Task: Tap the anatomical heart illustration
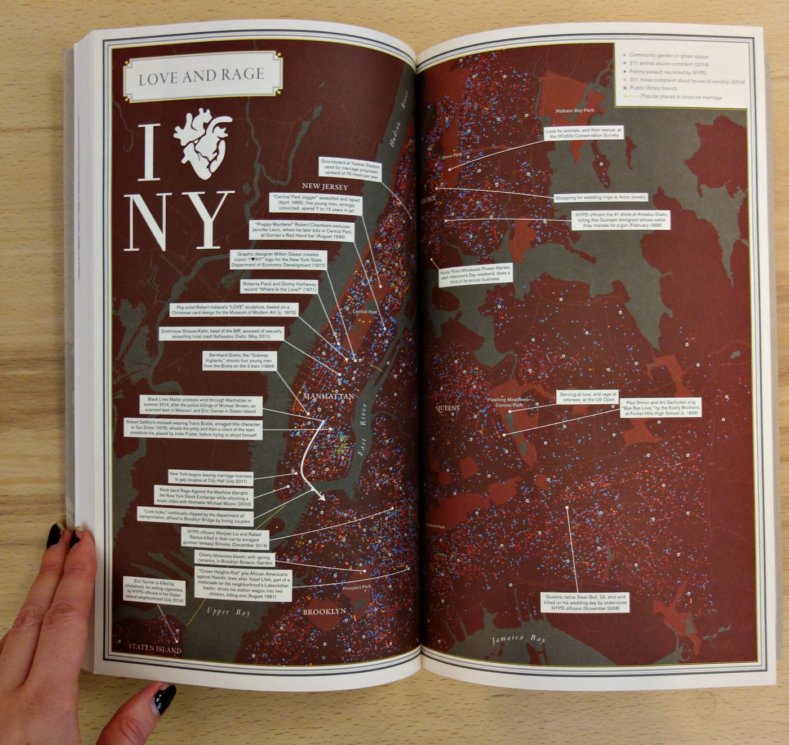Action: (202, 143)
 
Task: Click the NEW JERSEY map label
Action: (325, 187)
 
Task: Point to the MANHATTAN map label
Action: (329, 396)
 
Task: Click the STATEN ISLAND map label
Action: (154, 650)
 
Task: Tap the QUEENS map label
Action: (447, 408)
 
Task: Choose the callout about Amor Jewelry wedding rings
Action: (601, 197)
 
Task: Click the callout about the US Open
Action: (588, 397)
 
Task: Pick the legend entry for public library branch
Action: (654, 89)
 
